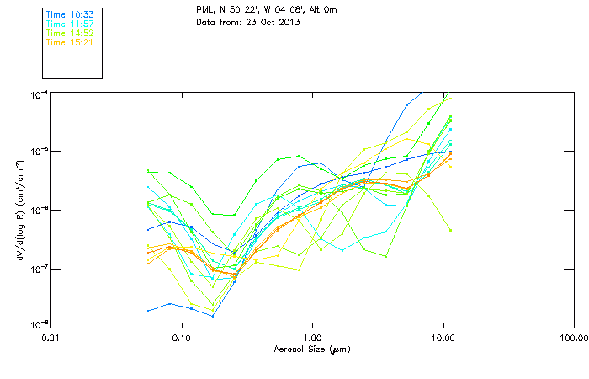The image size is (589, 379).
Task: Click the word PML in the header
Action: point(205,9)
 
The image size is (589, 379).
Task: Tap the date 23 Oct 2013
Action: point(272,21)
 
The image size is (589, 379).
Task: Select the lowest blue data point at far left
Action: point(149,311)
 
